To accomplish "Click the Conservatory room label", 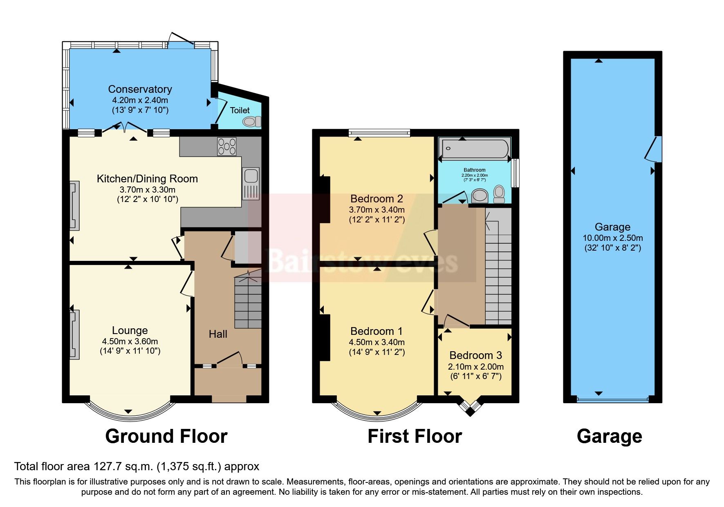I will [140, 89].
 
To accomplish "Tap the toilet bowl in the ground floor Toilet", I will [251, 121].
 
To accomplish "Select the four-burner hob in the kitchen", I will [227, 146].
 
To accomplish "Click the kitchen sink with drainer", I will [251, 183].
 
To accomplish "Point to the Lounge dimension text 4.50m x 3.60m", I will [130, 341].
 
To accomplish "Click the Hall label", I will [218, 334].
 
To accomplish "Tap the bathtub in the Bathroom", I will [474, 149].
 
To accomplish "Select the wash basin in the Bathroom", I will [480, 195].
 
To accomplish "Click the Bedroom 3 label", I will [475, 355].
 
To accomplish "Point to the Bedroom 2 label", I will [377, 199].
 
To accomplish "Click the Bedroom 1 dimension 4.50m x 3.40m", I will [377, 342].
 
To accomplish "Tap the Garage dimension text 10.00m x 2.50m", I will [612, 238].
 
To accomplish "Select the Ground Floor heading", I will [166, 436].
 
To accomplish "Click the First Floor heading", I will [415, 436].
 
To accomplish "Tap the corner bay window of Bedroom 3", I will [471, 407].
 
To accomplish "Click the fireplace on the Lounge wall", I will [74, 334].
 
